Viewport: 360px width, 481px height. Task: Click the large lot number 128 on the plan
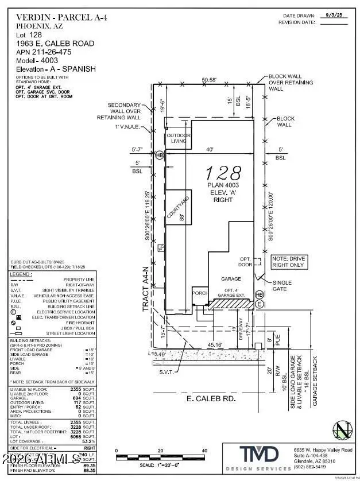point(223,172)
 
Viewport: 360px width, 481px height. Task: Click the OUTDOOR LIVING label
point(178,138)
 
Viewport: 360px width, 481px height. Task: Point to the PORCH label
point(199,293)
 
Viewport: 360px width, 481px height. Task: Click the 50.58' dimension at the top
point(210,80)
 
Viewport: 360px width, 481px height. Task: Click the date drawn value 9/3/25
point(334,15)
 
